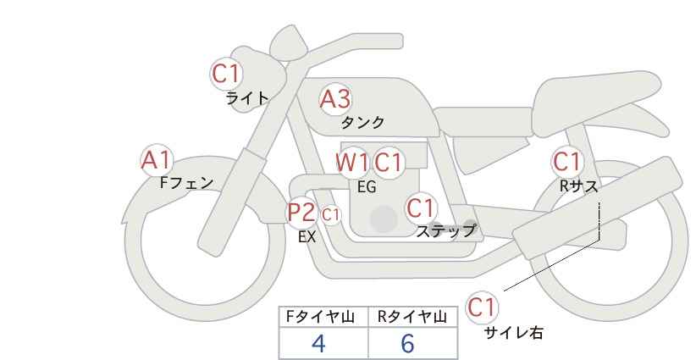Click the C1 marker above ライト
tap(227, 74)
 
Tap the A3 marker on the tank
tap(335, 99)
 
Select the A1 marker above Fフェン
tap(157, 160)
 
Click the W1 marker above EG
tap(352, 162)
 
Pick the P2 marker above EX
tap(301, 212)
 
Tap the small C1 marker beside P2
tap(331, 215)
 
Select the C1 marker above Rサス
tap(566, 162)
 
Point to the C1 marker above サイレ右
tap(482, 307)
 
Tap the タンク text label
tap(362, 122)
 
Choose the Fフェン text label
tap(186, 182)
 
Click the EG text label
tap(367, 187)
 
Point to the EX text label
tap(307, 237)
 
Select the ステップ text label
tap(445, 231)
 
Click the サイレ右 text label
tap(514, 333)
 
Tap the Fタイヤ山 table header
tap(320, 317)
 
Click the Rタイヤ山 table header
tap(412, 317)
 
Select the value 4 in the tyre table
tap(318, 343)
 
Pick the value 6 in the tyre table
tap(407, 343)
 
